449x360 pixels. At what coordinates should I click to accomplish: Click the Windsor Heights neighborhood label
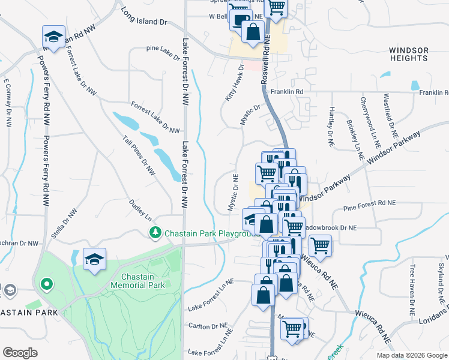coord(408,54)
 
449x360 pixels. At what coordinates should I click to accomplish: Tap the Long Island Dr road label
coord(143,16)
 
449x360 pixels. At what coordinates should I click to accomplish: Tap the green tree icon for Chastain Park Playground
coord(155,232)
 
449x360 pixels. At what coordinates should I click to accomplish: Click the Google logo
coord(20,352)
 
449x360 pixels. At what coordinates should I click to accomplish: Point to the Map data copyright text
coord(411,355)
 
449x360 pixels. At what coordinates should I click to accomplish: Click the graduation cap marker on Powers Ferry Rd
coord(53,37)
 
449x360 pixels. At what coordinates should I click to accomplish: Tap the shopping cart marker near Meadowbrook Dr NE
coord(321,245)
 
